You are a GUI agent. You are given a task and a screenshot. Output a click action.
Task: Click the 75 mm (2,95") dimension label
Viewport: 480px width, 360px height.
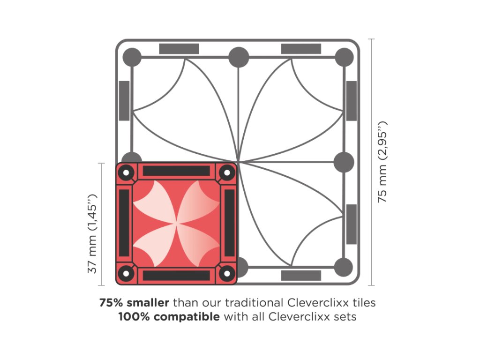383,162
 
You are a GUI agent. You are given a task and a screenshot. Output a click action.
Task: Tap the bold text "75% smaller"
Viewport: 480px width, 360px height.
134,302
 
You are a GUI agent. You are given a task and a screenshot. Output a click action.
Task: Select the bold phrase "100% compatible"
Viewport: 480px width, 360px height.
169,316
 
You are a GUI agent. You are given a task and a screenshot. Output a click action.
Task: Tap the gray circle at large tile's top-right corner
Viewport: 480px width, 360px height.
344,57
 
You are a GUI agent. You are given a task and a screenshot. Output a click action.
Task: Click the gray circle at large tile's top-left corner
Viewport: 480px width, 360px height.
132,57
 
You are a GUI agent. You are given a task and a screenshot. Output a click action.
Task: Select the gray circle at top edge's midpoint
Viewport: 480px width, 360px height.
238,57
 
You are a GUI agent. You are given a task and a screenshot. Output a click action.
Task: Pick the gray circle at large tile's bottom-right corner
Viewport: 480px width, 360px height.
344,267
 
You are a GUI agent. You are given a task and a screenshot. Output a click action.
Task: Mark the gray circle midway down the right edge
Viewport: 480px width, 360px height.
344,162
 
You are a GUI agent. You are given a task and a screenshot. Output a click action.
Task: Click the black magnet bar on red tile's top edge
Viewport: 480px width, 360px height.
176,171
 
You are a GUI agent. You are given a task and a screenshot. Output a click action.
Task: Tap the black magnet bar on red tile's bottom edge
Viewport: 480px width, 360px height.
176,276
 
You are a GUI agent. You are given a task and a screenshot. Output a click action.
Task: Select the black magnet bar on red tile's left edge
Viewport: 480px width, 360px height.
124,223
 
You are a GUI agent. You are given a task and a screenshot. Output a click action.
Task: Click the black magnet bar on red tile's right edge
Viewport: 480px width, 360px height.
229,223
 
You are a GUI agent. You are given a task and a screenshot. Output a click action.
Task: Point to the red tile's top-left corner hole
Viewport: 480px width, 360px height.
126,172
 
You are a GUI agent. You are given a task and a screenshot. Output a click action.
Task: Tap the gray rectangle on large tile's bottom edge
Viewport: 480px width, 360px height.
301,276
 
